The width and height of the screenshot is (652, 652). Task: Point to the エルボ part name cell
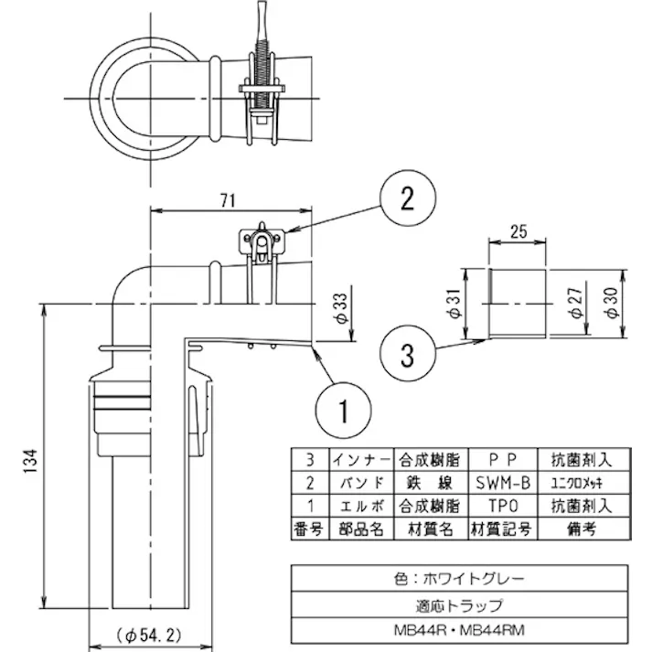(x=360, y=504)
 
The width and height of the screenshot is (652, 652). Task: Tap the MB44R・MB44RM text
(x=460, y=628)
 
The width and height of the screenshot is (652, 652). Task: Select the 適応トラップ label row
(x=460, y=604)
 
